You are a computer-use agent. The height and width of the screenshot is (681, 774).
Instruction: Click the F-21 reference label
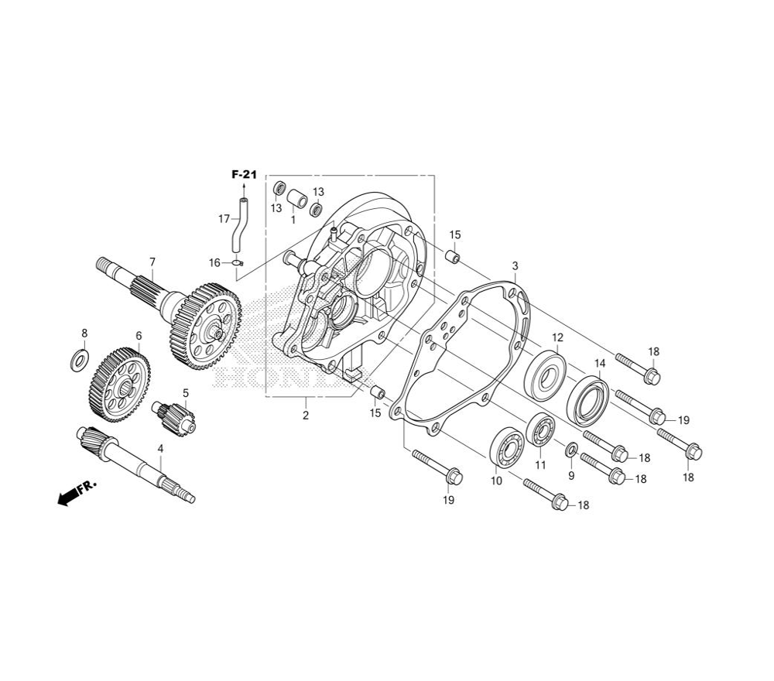[x=245, y=175]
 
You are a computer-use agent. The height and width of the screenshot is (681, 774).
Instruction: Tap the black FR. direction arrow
[x=77, y=492]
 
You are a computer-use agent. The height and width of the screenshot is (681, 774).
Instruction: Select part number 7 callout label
[x=152, y=262]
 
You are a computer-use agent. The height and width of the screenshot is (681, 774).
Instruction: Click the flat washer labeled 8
[x=79, y=361]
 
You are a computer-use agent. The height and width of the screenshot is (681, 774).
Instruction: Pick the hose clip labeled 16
[x=238, y=264]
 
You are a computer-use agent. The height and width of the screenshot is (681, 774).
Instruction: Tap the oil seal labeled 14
[x=587, y=400]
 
